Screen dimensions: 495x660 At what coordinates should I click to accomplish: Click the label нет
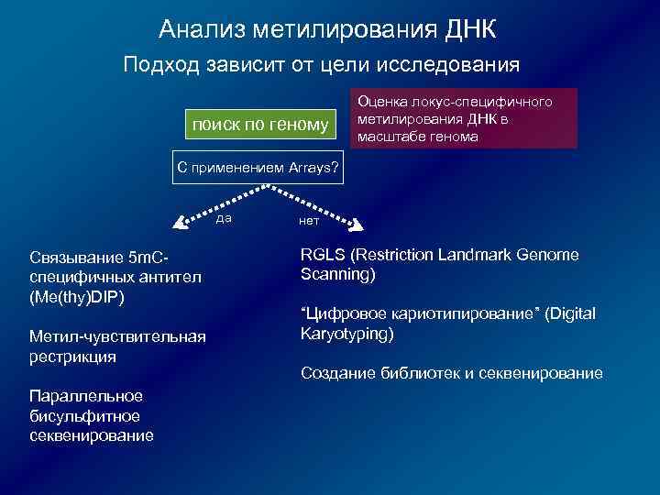click(x=309, y=221)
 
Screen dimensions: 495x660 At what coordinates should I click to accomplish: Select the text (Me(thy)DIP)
click(x=77, y=298)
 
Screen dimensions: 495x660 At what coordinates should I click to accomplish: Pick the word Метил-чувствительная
click(x=118, y=337)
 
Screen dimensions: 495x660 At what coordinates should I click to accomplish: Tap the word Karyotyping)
click(x=347, y=334)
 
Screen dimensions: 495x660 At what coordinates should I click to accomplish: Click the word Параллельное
click(x=86, y=396)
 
